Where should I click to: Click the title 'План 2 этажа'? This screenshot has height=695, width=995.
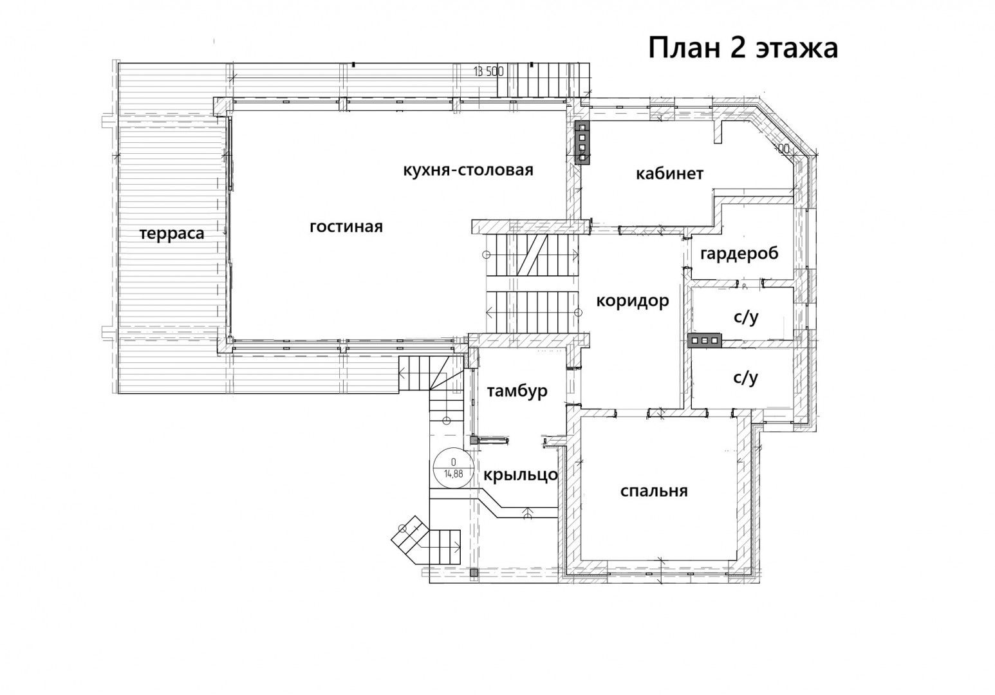pyautogui.click(x=743, y=48)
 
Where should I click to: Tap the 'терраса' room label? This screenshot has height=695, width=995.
pyautogui.click(x=172, y=233)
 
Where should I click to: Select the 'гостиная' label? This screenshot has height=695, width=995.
pyautogui.click(x=346, y=227)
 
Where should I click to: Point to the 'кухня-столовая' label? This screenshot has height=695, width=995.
pyautogui.click(x=468, y=170)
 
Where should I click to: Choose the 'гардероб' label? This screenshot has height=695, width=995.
pyautogui.click(x=739, y=254)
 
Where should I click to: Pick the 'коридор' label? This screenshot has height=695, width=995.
pyautogui.click(x=633, y=301)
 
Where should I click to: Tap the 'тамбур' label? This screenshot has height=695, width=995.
pyautogui.click(x=517, y=391)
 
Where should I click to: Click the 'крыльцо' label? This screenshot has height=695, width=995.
pyautogui.click(x=521, y=475)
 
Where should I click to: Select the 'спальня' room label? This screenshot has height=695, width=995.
pyautogui.click(x=654, y=492)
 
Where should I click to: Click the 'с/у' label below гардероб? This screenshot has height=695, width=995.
pyautogui.click(x=746, y=317)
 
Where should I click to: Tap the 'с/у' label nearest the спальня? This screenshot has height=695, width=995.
pyautogui.click(x=746, y=378)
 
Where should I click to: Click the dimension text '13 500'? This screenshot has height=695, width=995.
pyautogui.click(x=488, y=71)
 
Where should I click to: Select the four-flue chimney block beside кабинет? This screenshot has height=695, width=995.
pyautogui.click(x=582, y=143)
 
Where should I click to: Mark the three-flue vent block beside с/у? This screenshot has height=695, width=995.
pyautogui.click(x=705, y=340)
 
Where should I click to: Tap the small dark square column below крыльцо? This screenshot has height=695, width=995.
pyautogui.click(x=474, y=573)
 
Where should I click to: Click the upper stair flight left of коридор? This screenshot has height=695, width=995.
pyautogui.click(x=533, y=255)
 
